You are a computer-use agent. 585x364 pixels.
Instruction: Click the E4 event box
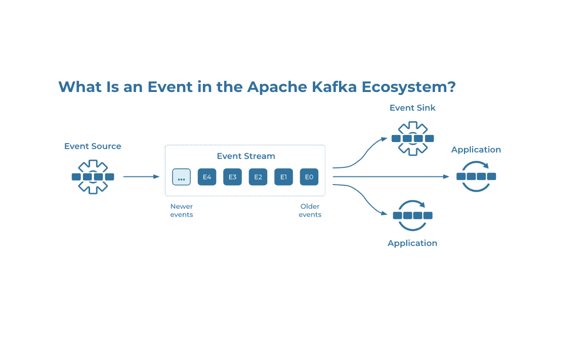click(x=207, y=177)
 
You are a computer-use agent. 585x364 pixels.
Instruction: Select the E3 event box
click(x=232, y=177)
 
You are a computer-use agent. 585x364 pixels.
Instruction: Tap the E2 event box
click(x=258, y=177)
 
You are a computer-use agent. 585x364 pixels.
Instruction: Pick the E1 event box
click(x=283, y=177)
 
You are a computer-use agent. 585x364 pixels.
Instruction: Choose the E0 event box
click(x=309, y=177)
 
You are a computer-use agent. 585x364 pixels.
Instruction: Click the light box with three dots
click(x=181, y=177)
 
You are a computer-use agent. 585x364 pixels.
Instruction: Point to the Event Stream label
click(x=246, y=156)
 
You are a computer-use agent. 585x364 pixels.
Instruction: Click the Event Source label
click(x=93, y=146)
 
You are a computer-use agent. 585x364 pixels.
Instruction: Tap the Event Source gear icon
click(x=93, y=177)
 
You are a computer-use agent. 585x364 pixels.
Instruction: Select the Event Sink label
click(x=412, y=108)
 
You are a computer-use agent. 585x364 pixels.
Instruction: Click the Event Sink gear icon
click(x=412, y=138)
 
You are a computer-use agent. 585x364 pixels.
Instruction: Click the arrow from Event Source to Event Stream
click(x=141, y=177)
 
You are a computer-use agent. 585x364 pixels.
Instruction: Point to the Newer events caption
click(x=182, y=210)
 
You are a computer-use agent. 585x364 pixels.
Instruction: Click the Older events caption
click(x=310, y=210)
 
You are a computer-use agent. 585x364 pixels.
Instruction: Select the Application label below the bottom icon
click(x=412, y=243)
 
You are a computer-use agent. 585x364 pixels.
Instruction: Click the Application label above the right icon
click(x=476, y=150)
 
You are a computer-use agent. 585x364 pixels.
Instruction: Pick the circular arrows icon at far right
click(x=476, y=176)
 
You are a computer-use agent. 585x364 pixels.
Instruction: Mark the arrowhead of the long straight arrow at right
click(x=446, y=176)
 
